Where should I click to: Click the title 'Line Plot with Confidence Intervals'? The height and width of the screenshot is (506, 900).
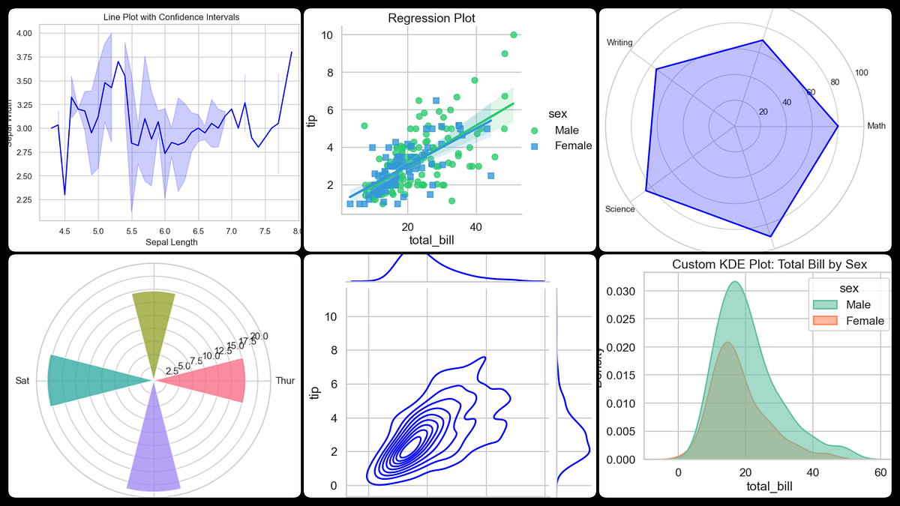point(156,16)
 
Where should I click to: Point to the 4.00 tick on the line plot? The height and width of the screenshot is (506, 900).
point(23,34)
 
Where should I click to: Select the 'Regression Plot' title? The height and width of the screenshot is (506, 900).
point(431,18)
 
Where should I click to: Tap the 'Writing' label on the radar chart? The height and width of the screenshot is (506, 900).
point(620,43)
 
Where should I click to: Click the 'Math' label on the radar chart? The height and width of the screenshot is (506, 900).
point(876,126)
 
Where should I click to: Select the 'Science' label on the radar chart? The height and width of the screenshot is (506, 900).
point(619,209)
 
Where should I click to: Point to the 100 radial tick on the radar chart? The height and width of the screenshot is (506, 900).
point(862,73)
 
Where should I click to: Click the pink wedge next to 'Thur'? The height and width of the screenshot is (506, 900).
point(217,381)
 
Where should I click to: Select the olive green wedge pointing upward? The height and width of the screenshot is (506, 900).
point(154,322)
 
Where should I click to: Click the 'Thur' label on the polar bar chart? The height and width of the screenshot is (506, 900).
point(285,381)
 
